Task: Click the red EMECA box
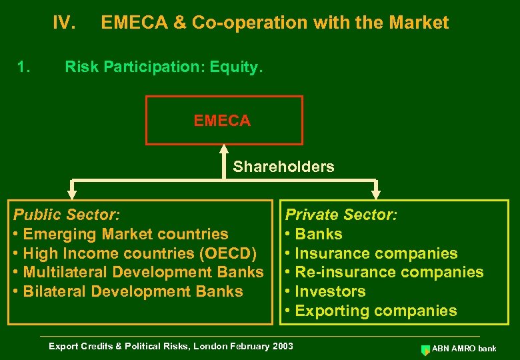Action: click(x=224, y=121)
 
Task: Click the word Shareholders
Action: click(x=283, y=167)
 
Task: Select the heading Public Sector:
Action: click(x=67, y=215)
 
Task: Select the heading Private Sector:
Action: click(x=341, y=215)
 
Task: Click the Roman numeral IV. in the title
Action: click(x=64, y=23)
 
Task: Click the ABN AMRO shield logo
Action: click(x=425, y=349)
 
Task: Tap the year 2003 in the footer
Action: click(x=281, y=346)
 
